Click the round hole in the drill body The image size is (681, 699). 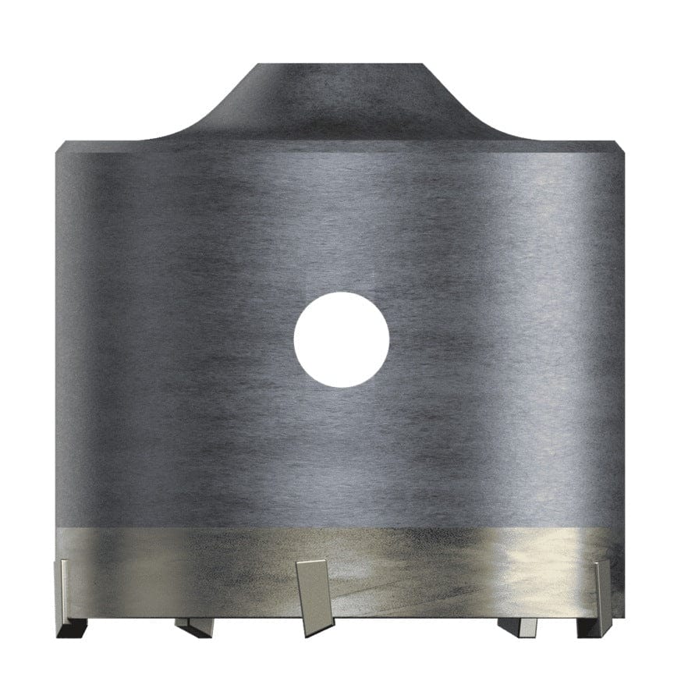[x=341, y=338]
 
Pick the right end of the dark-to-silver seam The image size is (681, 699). [x=624, y=526]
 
